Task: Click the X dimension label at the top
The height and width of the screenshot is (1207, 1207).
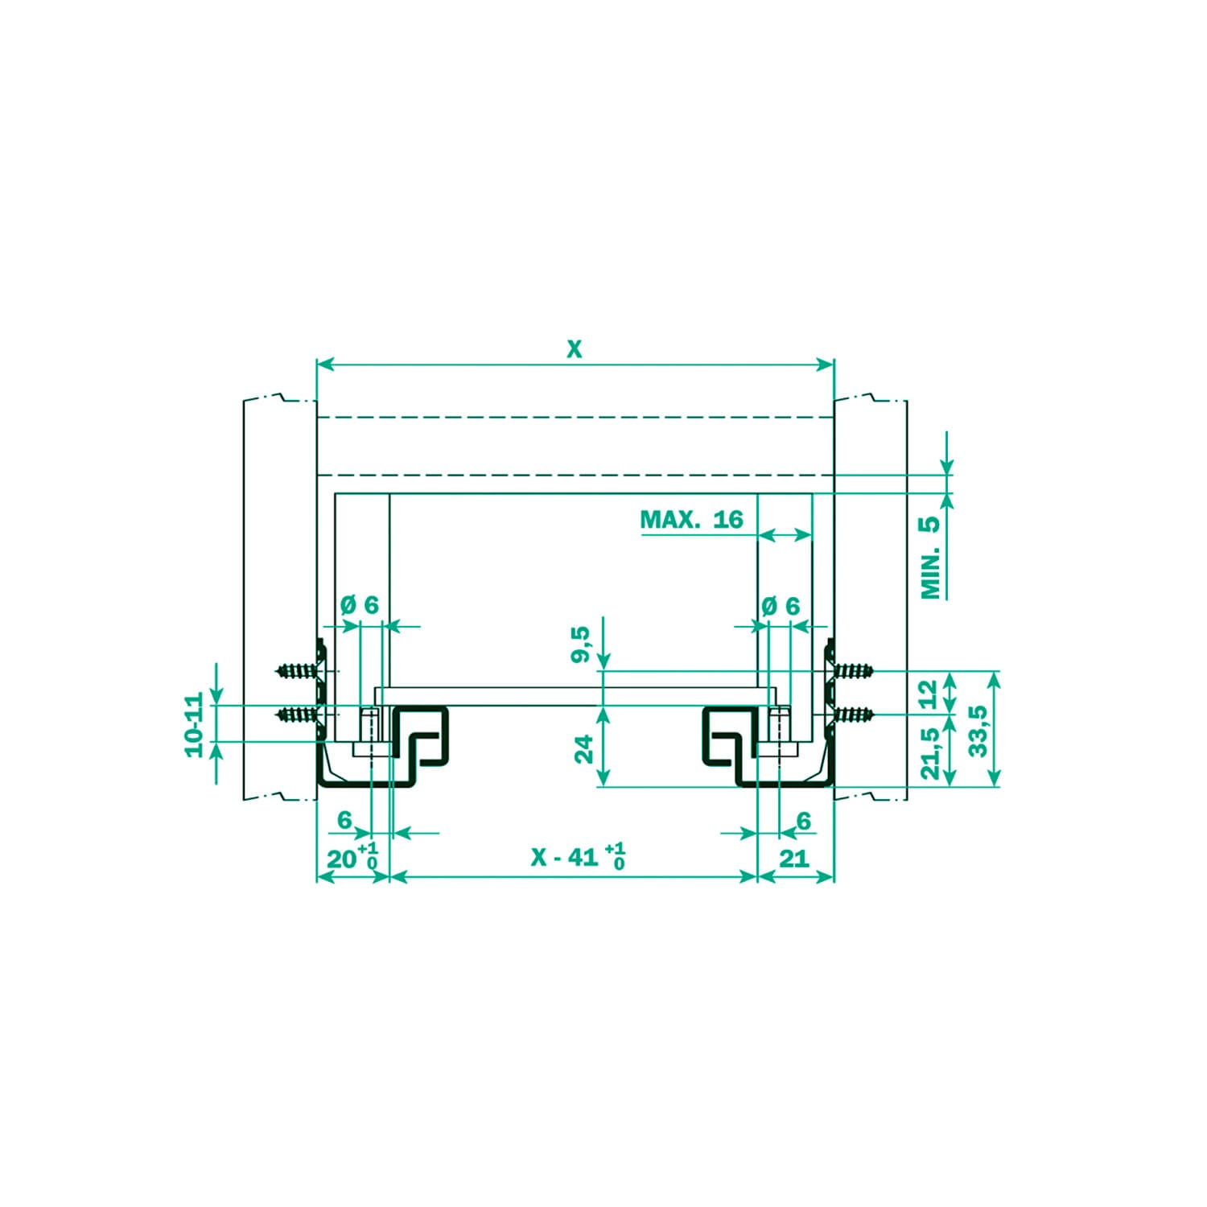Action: (573, 349)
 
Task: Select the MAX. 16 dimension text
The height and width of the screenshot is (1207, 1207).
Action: (691, 519)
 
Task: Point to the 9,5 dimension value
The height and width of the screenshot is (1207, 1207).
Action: (581, 645)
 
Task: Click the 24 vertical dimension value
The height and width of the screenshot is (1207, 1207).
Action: (585, 748)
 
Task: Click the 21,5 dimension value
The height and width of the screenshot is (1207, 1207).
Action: (930, 753)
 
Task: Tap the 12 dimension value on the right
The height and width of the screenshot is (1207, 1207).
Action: (928, 693)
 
